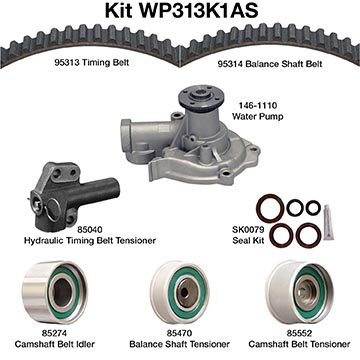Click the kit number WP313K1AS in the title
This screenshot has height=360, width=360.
point(199,11)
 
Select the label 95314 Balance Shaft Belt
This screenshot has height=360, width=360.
point(270,64)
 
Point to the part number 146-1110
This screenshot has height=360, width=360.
point(258,106)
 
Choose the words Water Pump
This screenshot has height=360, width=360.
point(258,116)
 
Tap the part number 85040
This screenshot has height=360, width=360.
point(90,230)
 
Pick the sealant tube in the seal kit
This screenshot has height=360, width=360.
point(328,222)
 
